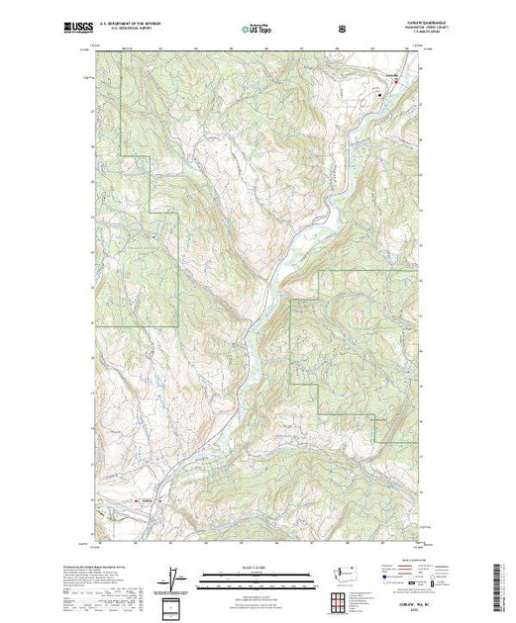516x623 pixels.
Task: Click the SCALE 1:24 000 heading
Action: click(x=254, y=568)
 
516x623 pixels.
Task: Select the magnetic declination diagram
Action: click(x=169, y=576)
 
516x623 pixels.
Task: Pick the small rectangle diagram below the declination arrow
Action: click(x=169, y=605)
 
